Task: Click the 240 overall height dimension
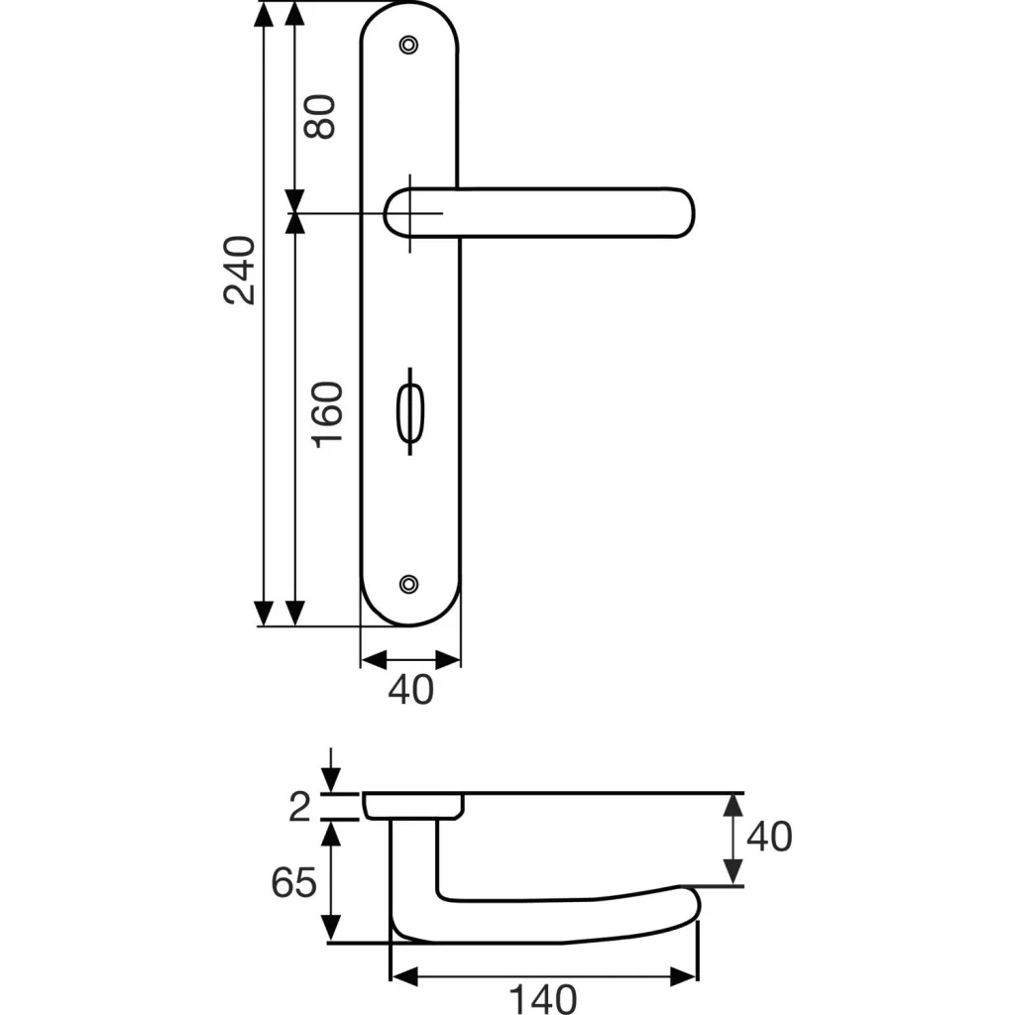coord(240,270)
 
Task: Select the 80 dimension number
coord(320,117)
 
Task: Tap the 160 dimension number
coord(327,415)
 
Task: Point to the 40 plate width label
coord(411,689)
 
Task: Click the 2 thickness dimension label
coord(299,807)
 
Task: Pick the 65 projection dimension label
coord(293,881)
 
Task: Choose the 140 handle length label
coord(542,999)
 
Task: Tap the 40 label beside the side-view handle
coord(769,836)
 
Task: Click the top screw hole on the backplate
coord(408,45)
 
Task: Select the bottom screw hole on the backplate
coord(408,584)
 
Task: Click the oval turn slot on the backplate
coord(409,411)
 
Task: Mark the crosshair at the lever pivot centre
coord(409,213)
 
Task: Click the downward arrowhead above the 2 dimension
coord(331,780)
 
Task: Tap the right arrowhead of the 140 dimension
coord(684,976)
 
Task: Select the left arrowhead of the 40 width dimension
coord(374,660)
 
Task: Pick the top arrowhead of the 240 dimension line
coord(264,14)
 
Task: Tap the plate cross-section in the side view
coord(413,806)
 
